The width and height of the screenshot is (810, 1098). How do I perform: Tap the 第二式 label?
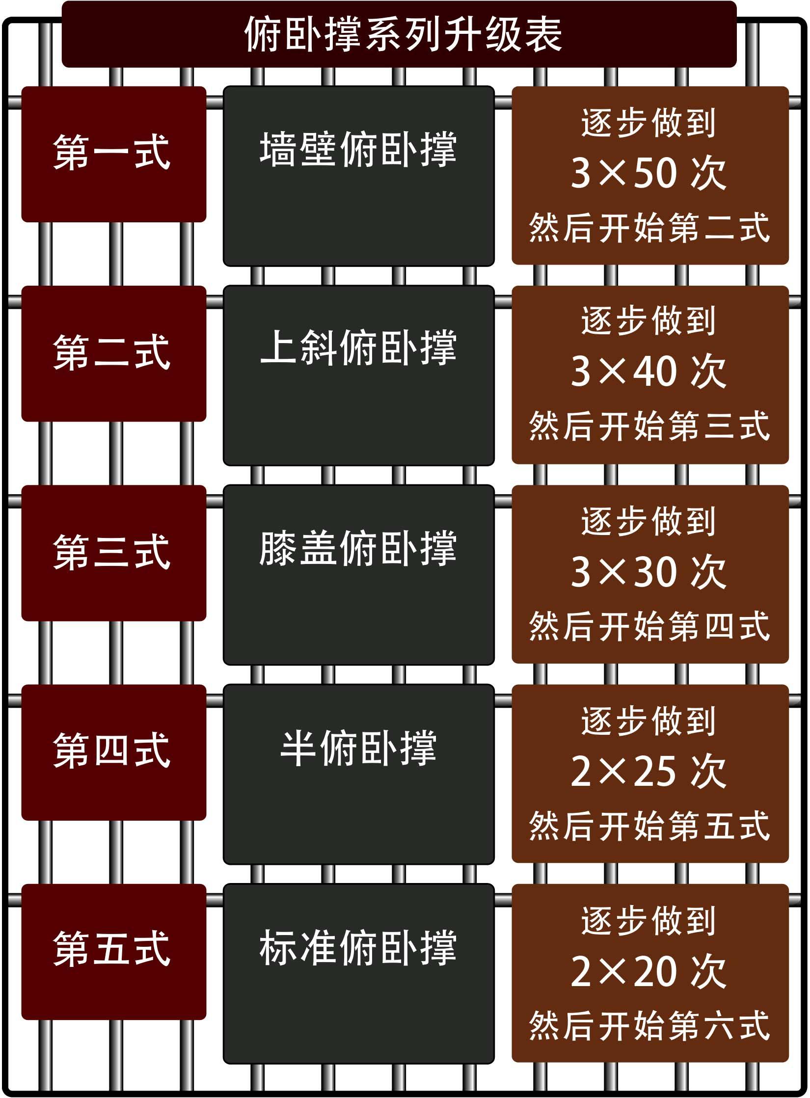[112, 351]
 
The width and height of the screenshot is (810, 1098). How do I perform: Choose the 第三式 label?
[112, 552]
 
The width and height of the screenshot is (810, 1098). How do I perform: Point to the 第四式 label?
[112, 751]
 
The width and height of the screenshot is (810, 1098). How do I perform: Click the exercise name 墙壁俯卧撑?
[358, 150]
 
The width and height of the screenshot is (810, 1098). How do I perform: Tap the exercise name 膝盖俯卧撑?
[358, 548]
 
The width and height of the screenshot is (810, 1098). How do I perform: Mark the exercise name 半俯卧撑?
[358, 749]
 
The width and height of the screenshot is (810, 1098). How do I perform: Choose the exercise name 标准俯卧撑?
[358, 947]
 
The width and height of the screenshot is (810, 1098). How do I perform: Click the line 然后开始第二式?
[649, 228]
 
